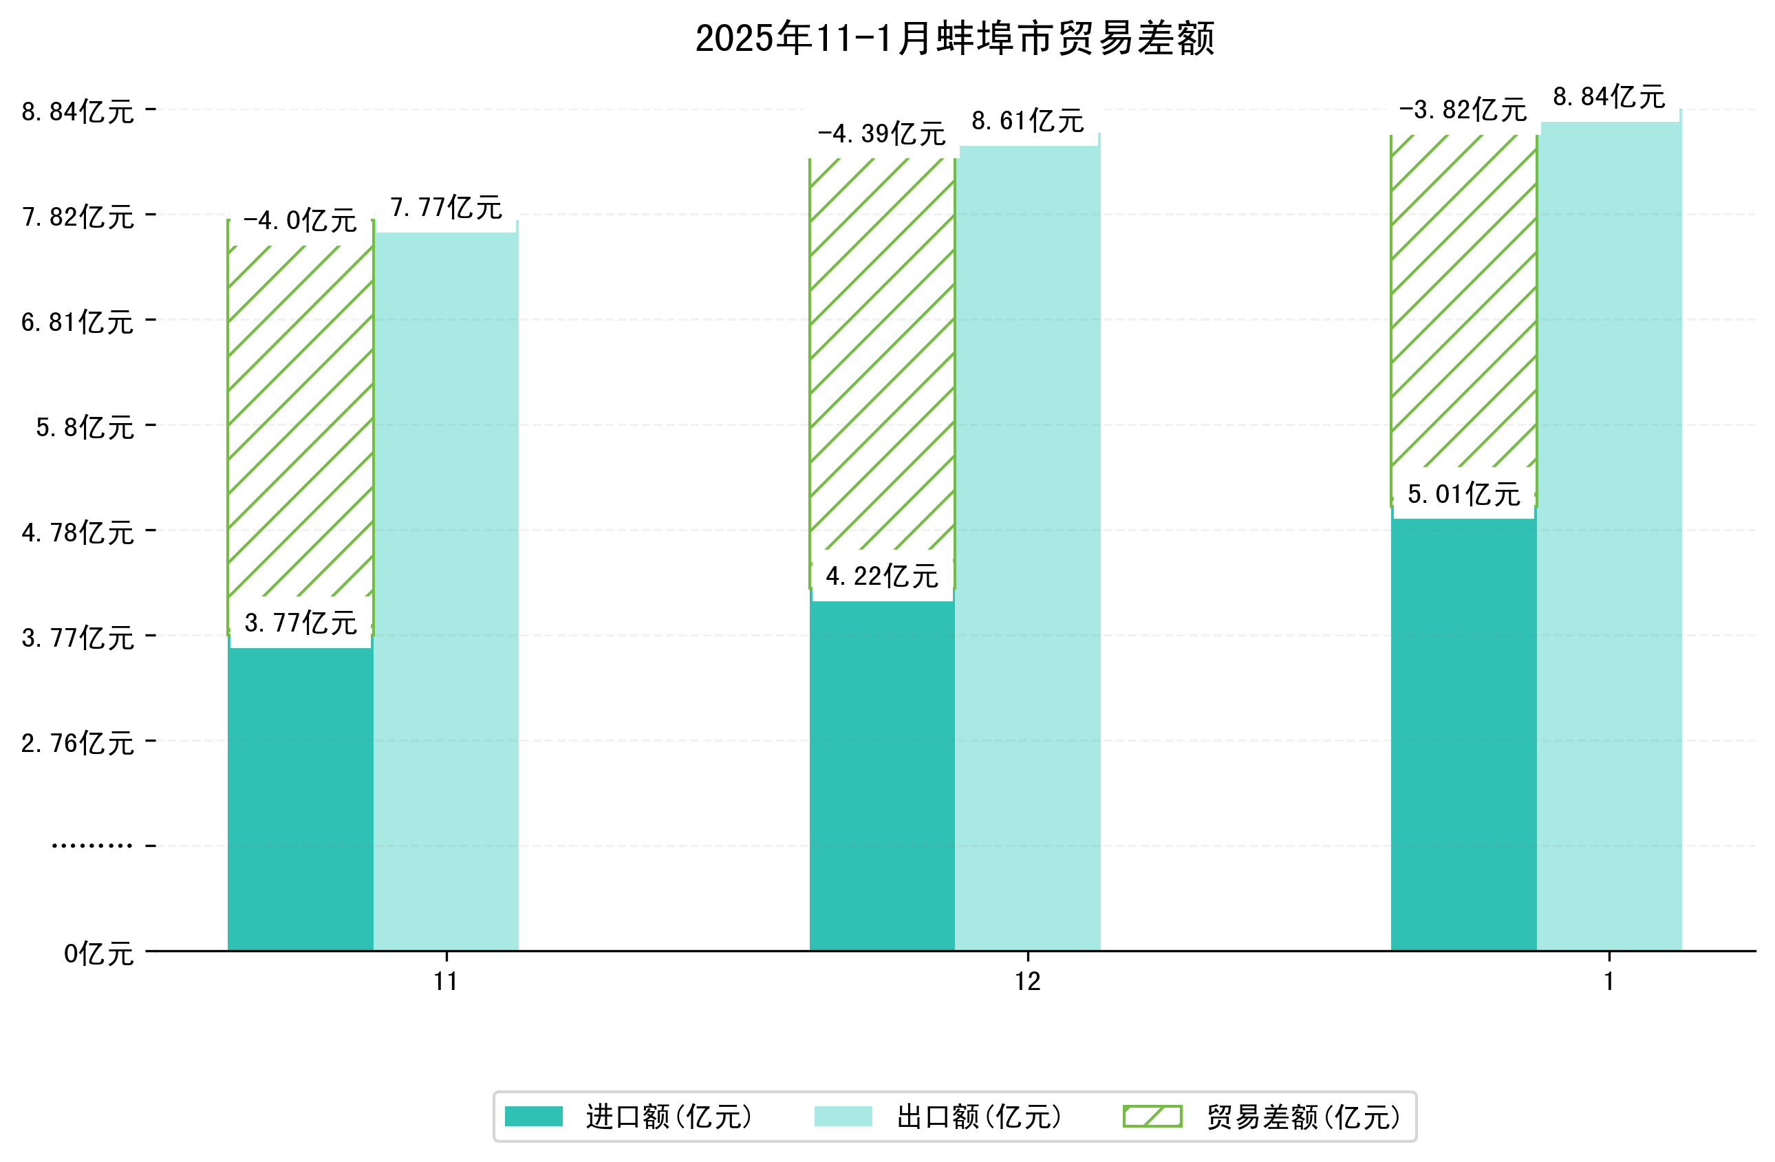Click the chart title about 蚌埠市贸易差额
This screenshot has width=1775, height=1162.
tap(955, 39)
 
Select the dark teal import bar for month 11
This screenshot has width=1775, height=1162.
tap(300, 798)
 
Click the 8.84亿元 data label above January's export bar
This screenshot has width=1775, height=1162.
tap(1609, 98)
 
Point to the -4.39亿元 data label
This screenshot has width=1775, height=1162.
tap(881, 135)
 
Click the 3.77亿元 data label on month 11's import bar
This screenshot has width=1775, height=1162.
tap(301, 623)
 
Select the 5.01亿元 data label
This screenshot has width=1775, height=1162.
tap(1463, 495)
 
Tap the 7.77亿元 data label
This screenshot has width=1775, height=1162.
tap(446, 208)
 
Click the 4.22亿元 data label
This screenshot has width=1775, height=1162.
tap(881, 577)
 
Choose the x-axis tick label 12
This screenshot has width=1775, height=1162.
tap(1027, 982)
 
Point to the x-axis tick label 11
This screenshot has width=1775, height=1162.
tap(446, 982)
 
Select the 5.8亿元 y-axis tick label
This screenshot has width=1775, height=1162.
tap(85, 427)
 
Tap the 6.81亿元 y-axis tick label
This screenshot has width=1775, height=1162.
tap(78, 322)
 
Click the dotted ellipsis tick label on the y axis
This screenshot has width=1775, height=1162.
tap(92, 846)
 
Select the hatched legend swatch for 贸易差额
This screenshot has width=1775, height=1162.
tap(1152, 1117)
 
